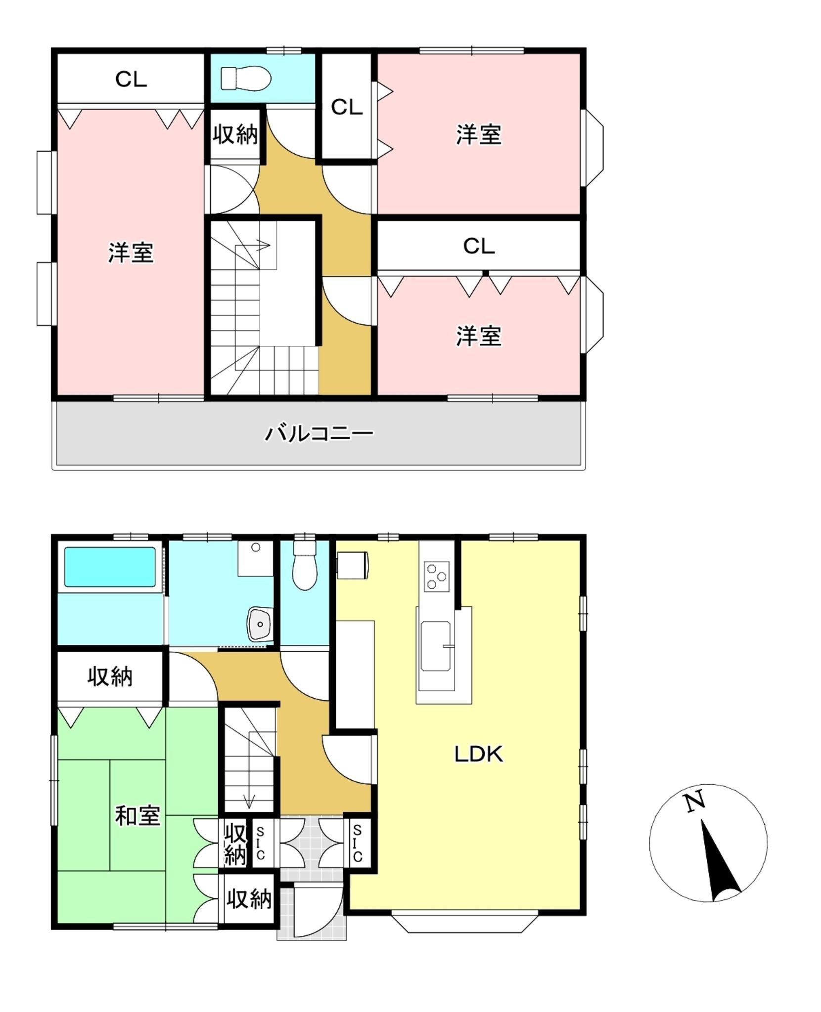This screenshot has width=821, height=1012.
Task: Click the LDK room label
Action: (478, 754)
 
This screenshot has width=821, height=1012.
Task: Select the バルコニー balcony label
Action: (319, 433)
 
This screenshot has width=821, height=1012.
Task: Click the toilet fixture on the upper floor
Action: (246, 78)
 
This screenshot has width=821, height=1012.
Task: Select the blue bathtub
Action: (110, 567)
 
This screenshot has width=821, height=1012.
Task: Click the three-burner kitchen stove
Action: (436, 576)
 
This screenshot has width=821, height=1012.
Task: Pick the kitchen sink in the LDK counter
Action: (435, 646)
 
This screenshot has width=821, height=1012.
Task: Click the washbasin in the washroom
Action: (260, 624)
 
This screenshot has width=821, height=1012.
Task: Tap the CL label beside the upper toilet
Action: (347, 107)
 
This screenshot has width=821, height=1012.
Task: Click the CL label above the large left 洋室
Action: (131, 79)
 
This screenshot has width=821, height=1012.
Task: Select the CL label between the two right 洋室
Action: (479, 246)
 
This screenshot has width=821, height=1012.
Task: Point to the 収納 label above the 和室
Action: (110, 676)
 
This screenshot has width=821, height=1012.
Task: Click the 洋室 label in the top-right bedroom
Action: (479, 134)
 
